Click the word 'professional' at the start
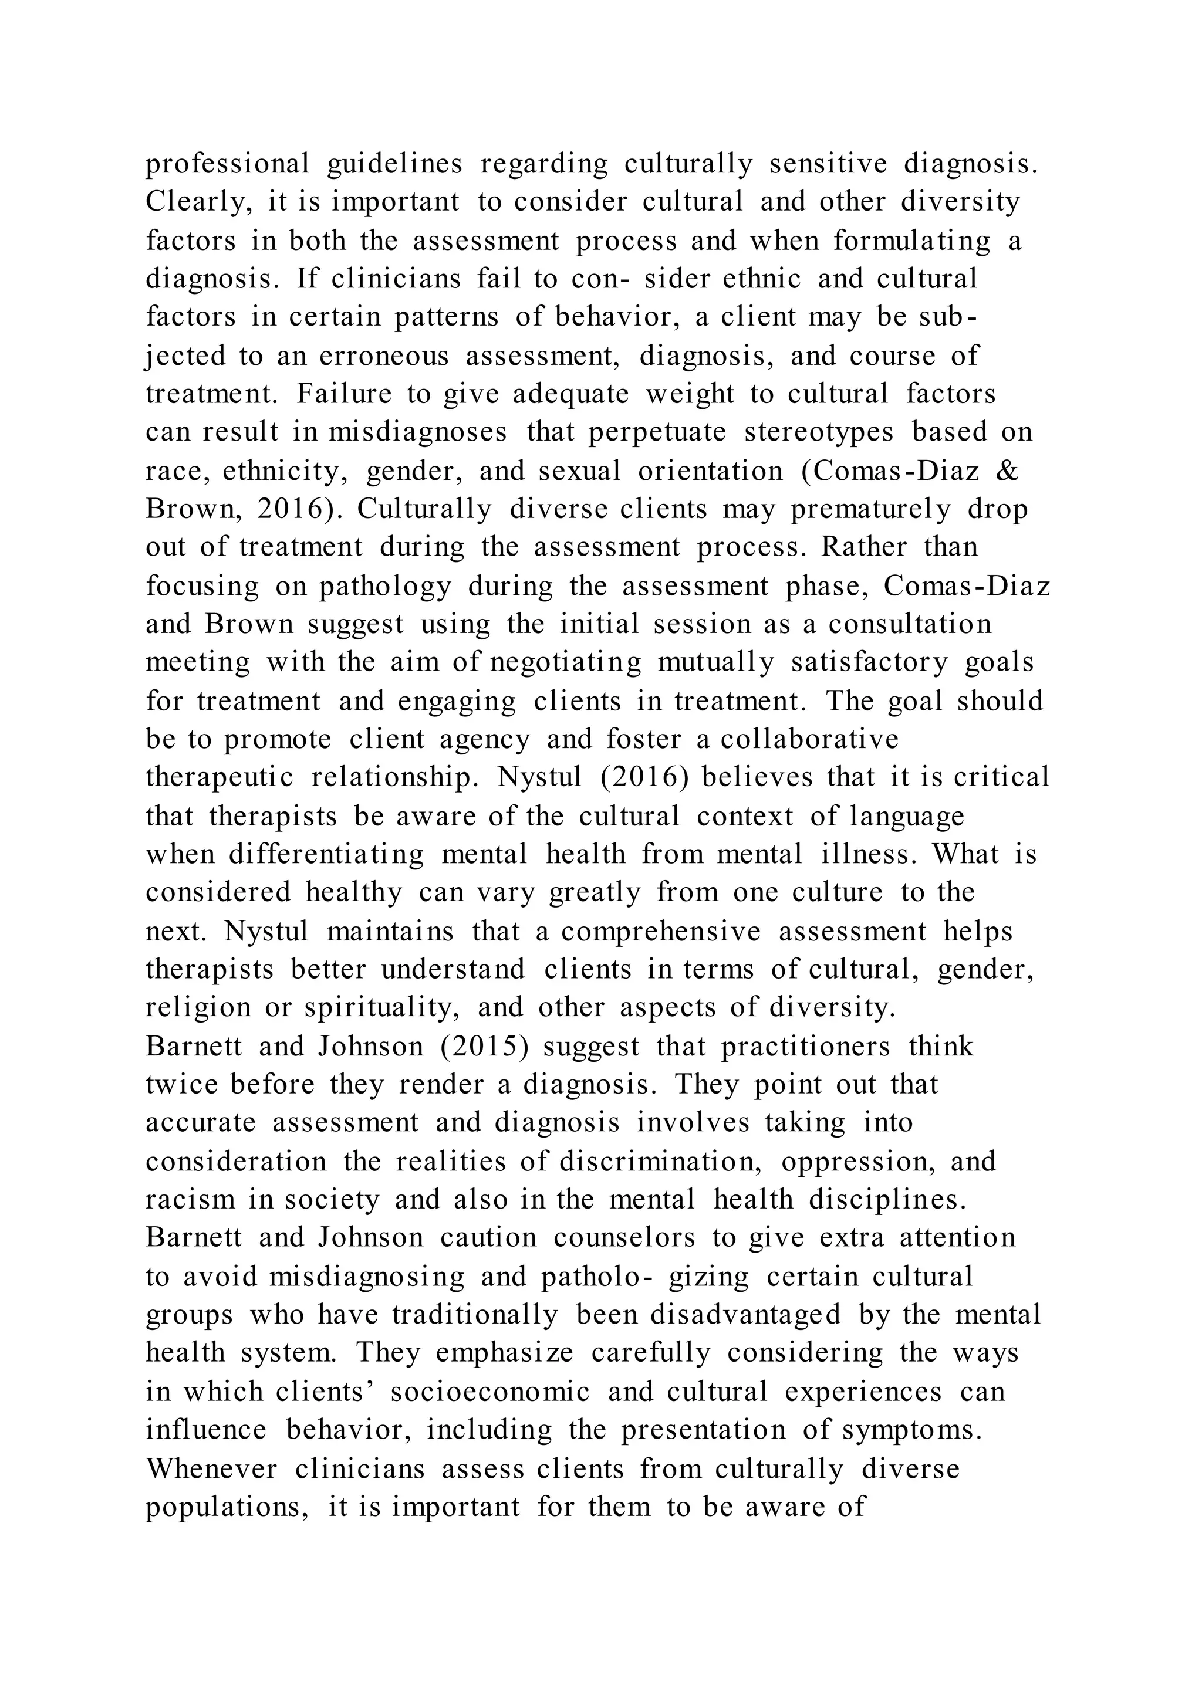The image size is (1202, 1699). pyautogui.click(x=227, y=164)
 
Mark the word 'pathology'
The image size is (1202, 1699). pyautogui.click(x=385, y=586)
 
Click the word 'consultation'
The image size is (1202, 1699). pyautogui.click(x=910, y=625)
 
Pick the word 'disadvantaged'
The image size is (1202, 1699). pyautogui.click(x=745, y=1315)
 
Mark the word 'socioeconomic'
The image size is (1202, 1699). pyautogui.click(x=490, y=1392)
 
